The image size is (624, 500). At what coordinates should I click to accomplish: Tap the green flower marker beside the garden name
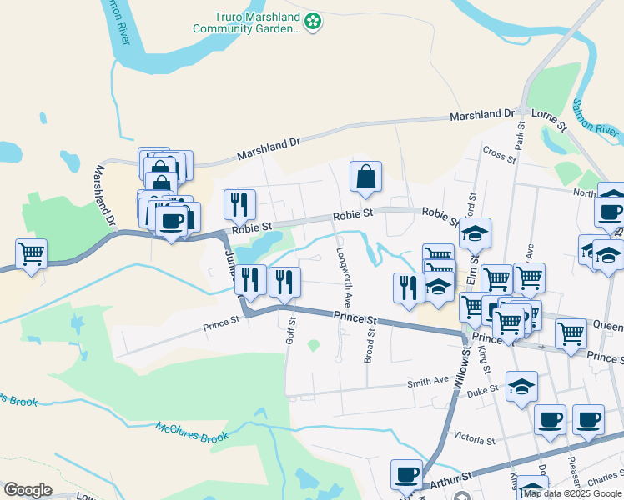pyautogui.click(x=313, y=22)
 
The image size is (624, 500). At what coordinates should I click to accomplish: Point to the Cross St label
pyautogui.click(x=500, y=154)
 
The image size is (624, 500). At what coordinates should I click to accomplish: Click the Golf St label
pyautogui.click(x=291, y=328)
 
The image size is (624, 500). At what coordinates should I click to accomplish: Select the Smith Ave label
pyautogui.click(x=428, y=382)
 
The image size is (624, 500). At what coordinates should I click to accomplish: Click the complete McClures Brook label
pyautogui.click(x=192, y=432)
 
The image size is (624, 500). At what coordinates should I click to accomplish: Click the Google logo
pyautogui.click(x=28, y=490)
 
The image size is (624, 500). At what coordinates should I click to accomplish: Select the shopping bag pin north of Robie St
pyautogui.click(x=365, y=177)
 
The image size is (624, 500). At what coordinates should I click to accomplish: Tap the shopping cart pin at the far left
pyautogui.click(x=31, y=252)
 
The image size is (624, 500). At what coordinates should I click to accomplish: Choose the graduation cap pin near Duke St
pyautogui.click(x=521, y=387)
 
